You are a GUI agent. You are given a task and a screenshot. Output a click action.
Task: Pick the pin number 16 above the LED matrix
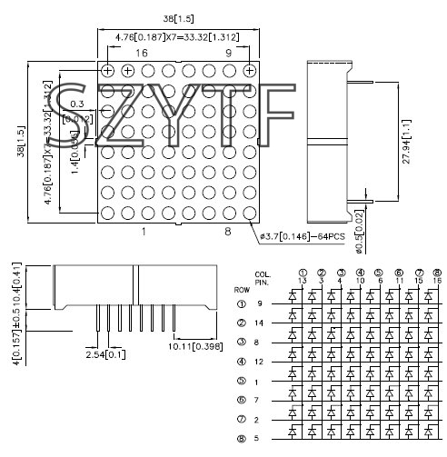pyautogui.click(x=142, y=54)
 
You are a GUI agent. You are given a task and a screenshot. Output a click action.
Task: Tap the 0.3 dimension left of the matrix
pyautogui.click(x=78, y=104)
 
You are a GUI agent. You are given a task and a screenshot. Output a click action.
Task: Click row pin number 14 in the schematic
pyautogui.click(x=260, y=323)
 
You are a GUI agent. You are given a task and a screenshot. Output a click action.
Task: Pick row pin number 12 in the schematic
pyautogui.click(x=260, y=362)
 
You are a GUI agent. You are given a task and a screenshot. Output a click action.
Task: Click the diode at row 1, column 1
pyautogui.click(x=294, y=296)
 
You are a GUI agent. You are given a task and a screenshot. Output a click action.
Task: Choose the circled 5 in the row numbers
pyautogui.click(x=241, y=381)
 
